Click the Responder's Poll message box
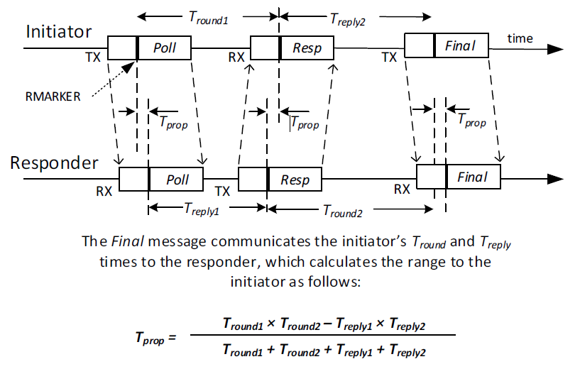coord(161,179)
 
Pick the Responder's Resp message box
coord(280,179)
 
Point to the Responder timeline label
coord(54,163)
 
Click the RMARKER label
coord(50,96)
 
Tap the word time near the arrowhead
coord(520,38)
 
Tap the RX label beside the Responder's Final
coord(402,189)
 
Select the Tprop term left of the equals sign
coord(151,338)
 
